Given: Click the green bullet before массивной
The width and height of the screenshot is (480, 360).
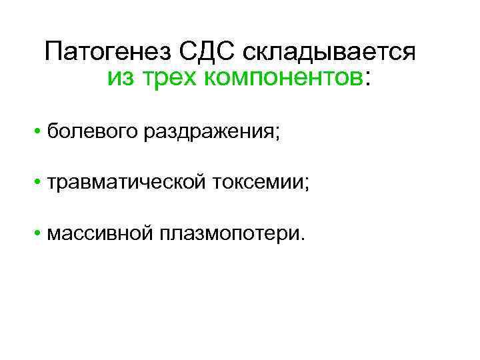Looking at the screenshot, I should coord(40,233).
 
